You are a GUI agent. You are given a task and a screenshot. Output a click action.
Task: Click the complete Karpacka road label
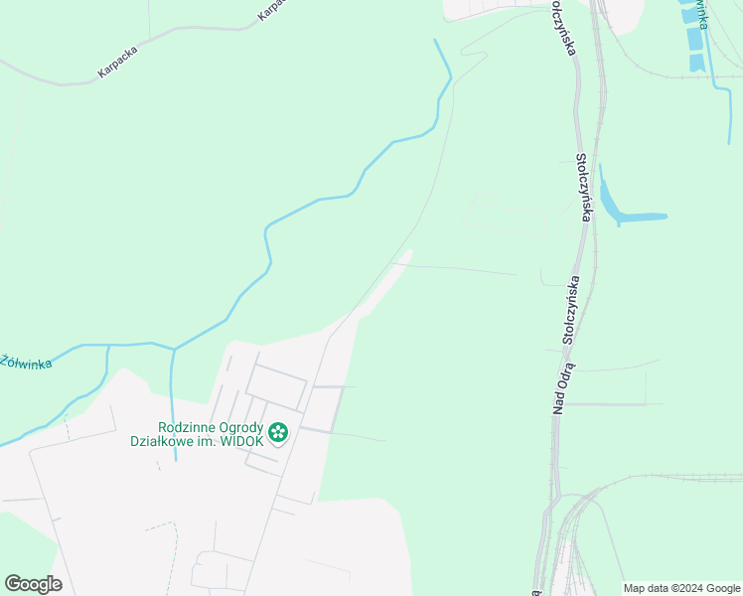117,63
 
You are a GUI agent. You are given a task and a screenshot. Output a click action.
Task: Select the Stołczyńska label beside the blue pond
585,187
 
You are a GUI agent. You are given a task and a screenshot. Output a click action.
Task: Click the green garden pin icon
279,432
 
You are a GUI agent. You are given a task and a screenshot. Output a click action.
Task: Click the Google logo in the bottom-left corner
33,583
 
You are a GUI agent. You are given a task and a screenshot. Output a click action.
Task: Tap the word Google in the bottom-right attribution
723,588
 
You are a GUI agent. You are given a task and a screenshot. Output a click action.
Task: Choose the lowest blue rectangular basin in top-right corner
696,63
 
